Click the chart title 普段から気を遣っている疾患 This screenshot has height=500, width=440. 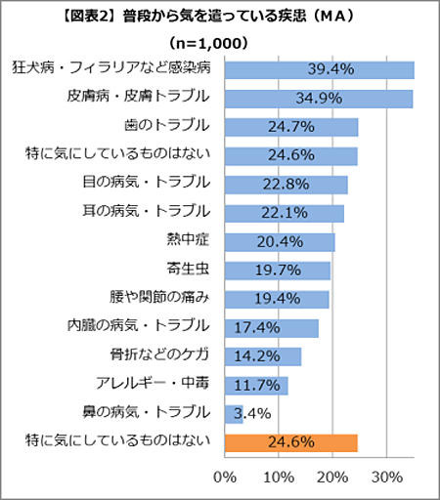[219, 18]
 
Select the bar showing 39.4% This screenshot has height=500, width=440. [319, 70]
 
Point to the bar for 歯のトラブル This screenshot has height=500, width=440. [290, 127]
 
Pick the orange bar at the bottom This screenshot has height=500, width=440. [290, 442]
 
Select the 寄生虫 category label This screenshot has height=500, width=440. [189, 270]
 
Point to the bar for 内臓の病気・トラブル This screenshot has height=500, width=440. [271, 327]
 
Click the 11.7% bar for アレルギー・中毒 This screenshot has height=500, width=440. [256, 385]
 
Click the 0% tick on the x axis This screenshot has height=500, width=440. [225, 478]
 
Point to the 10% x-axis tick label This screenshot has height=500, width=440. [280, 478]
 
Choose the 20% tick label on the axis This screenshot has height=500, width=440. [333, 478]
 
